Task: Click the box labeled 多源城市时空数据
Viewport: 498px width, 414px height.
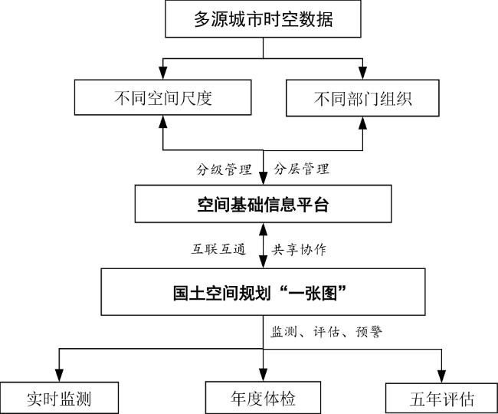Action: [263, 20]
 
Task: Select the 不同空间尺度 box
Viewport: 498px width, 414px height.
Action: [164, 98]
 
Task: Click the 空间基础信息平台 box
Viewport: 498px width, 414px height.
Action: [263, 204]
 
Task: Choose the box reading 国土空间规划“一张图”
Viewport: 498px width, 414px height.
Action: [263, 291]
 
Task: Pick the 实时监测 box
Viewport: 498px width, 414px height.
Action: [60, 399]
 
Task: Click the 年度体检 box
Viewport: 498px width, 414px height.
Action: [263, 399]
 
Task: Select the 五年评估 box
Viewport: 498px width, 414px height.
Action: [442, 399]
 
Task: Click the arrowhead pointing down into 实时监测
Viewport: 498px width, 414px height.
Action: [60, 375]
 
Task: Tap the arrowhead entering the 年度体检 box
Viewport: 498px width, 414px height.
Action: [263, 375]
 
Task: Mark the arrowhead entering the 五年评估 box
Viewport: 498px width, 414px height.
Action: [442, 375]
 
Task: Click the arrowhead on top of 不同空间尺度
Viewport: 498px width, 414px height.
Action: [164, 74]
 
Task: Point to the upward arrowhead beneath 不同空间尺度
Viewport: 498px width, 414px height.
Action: [164, 123]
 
